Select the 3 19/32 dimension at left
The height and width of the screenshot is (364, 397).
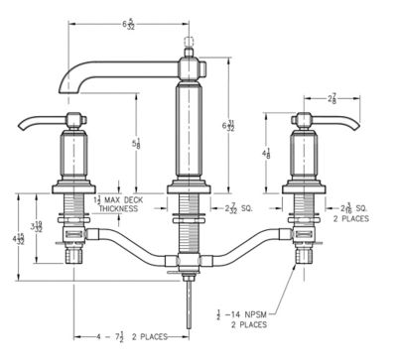click(x=37, y=227)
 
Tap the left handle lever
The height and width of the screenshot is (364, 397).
click(x=38, y=125)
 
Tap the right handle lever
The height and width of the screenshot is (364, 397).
click(x=337, y=124)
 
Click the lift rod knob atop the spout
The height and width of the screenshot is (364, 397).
click(x=188, y=44)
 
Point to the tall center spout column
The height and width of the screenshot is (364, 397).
click(x=187, y=129)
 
